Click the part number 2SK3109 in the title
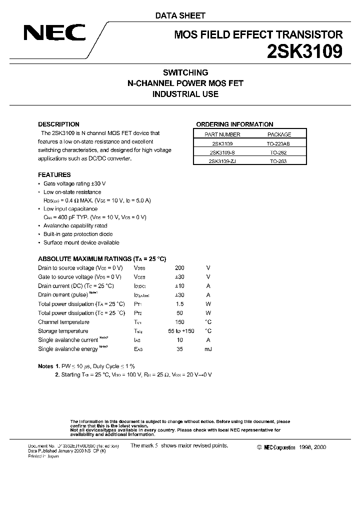tap(306, 51)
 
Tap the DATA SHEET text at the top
tap(180, 15)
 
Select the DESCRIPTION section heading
tap(58, 124)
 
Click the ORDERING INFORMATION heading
tap(234, 124)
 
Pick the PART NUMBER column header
tap(222, 134)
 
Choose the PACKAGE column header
tap(279, 134)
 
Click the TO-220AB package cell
tap(279, 143)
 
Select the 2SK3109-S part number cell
tap(222, 152)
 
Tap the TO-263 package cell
tap(279, 161)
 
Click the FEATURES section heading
tap(54, 175)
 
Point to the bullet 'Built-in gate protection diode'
tap(78, 234)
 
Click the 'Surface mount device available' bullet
tap(81, 242)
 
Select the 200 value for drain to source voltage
tap(179, 267)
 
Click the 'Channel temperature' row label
tap(63, 322)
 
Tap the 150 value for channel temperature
tap(179, 322)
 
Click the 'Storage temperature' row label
tap(63, 331)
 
